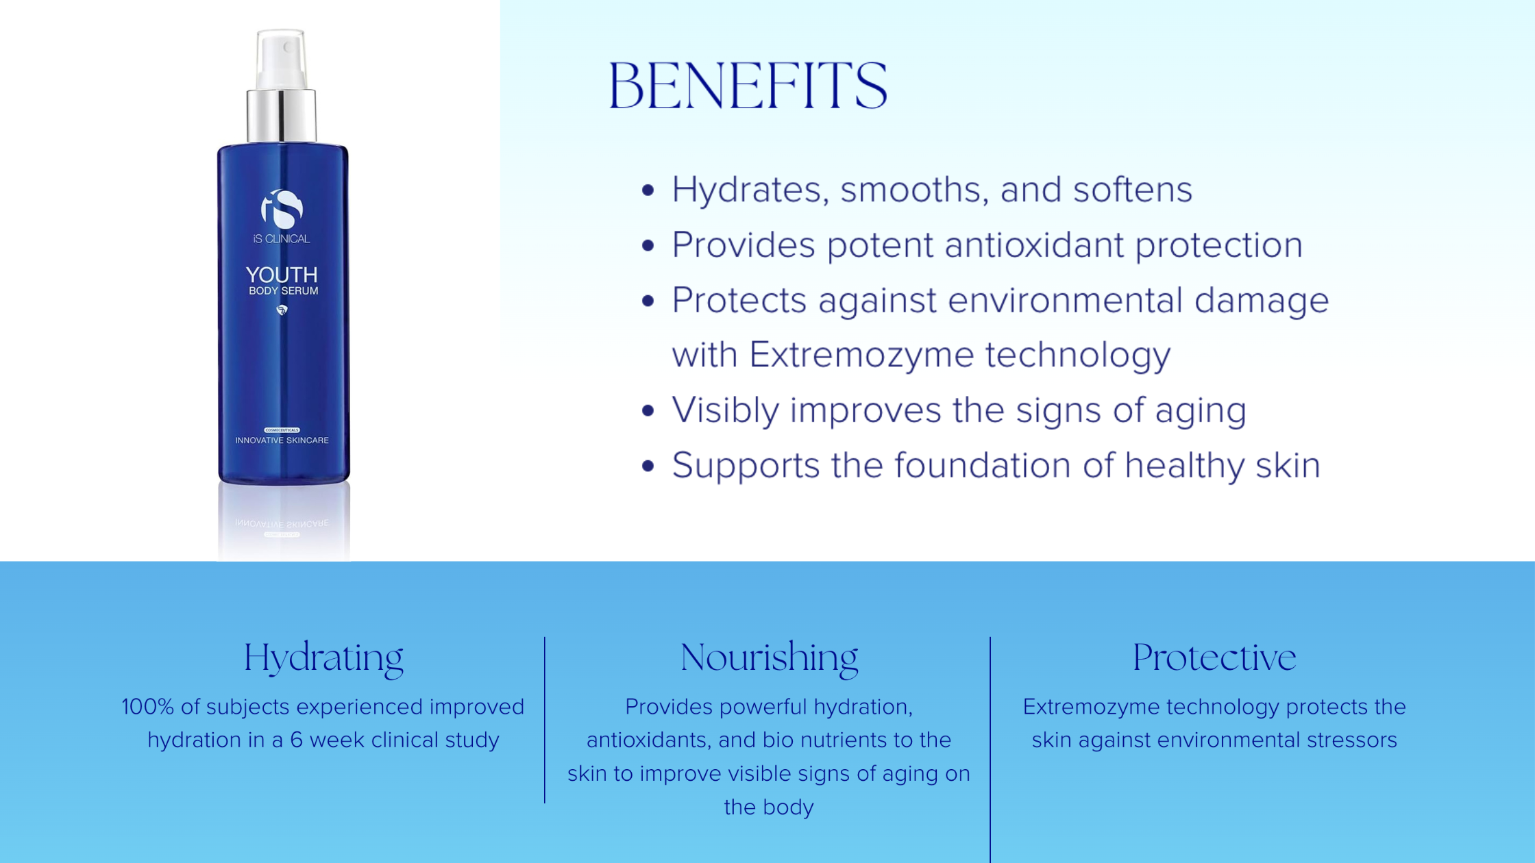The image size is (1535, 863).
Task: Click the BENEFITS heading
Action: tap(748, 86)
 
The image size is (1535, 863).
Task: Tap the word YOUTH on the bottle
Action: tap(282, 275)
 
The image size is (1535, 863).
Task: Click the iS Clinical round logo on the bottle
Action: tap(282, 209)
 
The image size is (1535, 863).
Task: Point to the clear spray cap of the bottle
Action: tap(281, 60)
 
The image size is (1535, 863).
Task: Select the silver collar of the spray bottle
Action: tap(282, 115)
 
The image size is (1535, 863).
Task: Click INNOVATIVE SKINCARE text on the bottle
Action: tap(282, 440)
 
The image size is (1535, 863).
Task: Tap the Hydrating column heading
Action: tap(323, 658)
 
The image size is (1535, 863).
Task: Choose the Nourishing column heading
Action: tap(769, 658)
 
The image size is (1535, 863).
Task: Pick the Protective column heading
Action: tap(1214, 658)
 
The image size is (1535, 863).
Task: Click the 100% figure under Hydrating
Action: tap(148, 707)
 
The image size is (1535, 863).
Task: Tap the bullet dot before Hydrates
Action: tap(648, 190)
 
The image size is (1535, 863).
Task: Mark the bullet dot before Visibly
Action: tap(648, 411)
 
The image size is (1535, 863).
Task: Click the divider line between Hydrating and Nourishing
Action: tap(545, 720)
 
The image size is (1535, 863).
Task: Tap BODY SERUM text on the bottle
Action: tap(283, 291)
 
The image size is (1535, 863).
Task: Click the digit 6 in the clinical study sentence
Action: tap(296, 740)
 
